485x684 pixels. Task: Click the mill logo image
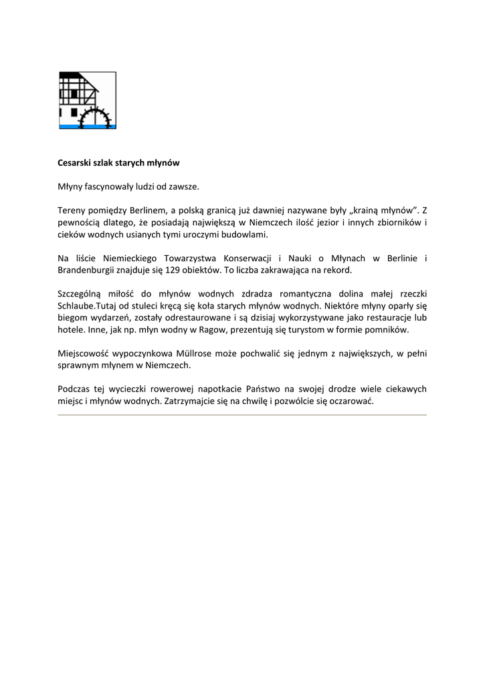click(x=87, y=100)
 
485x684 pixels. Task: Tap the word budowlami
click(x=246, y=234)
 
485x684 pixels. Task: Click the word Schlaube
click(x=78, y=307)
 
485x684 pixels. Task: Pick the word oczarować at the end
click(x=351, y=401)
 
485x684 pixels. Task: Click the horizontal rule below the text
click(x=242, y=415)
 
